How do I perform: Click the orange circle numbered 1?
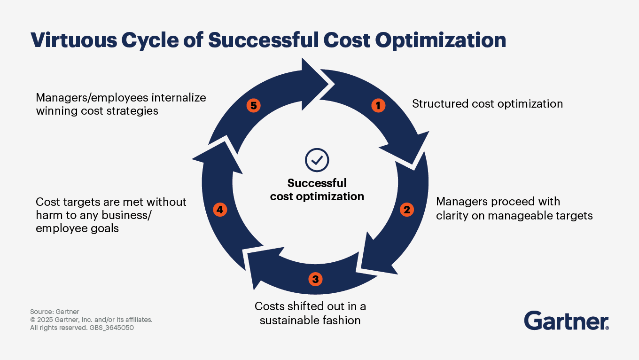point(378,106)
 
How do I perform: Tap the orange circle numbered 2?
point(407,210)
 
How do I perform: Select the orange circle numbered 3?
point(316,279)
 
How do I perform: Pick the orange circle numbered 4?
point(220,210)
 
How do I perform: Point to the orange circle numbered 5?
point(254,106)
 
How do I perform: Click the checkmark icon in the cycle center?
point(317,160)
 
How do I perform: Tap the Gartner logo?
point(567,321)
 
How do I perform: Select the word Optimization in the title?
point(440,40)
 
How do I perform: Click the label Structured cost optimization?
point(488,104)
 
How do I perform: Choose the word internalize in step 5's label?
point(179,98)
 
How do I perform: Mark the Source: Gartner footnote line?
point(55,312)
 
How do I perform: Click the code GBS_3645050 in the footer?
point(111,328)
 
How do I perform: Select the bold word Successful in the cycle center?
point(317,183)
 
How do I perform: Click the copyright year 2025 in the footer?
point(45,320)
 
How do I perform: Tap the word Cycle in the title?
point(150,40)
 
